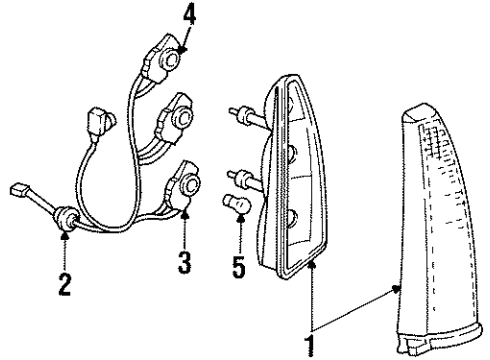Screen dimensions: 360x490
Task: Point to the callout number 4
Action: click(187, 16)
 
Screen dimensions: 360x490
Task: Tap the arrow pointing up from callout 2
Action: click(65, 237)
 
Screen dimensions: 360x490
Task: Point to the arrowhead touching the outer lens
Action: click(399, 288)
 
